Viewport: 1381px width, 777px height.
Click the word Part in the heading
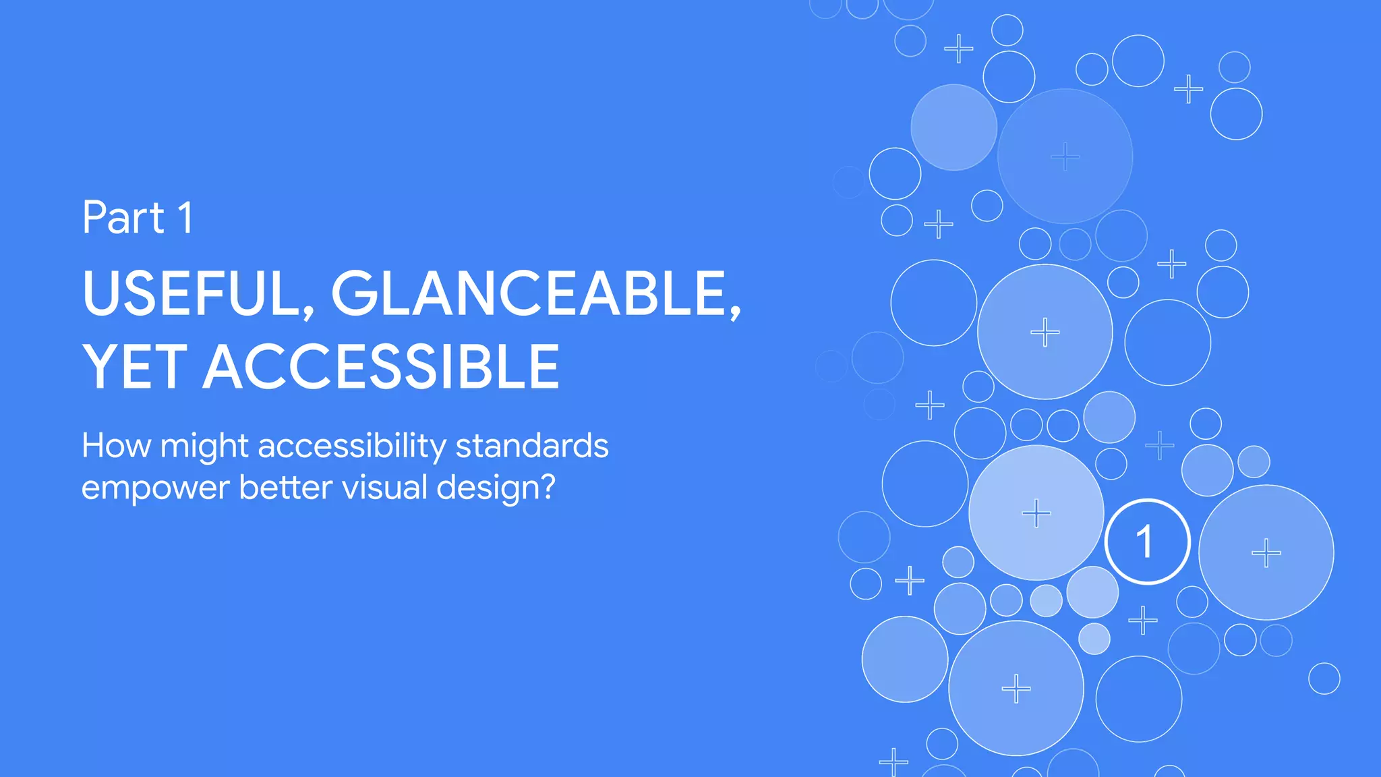pyautogui.click(x=123, y=218)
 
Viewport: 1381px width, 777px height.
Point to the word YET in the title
pyautogui.click(x=134, y=367)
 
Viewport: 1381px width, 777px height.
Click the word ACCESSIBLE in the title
pyautogui.click(x=382, y=367)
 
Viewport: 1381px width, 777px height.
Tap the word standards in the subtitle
pyautogui.click(x=532, y=446)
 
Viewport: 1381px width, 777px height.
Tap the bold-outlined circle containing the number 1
pyautogui.click(x=1147, y=542)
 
